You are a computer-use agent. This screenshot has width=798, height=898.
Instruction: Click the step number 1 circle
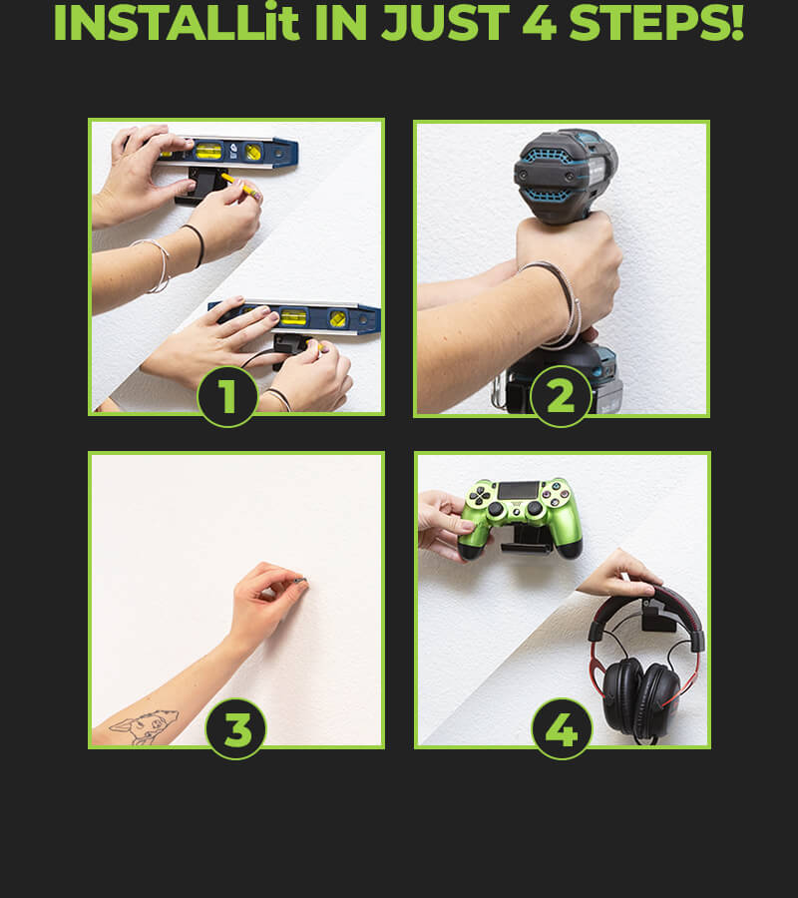[227, 396]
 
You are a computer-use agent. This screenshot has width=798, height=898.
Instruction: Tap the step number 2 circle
[561, 396]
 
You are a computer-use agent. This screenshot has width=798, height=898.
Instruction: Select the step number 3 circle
[235, 729]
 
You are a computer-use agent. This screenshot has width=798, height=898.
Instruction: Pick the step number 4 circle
[563, 729]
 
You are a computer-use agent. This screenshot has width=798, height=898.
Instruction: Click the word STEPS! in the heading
[656, 24]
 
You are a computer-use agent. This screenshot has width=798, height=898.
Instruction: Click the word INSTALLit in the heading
[177, 24]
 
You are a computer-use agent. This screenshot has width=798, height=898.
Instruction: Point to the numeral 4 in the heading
[540, 24]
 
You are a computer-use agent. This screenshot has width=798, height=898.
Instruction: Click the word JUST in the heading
[445, 24]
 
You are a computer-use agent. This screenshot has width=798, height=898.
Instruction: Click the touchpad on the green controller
[519, 490]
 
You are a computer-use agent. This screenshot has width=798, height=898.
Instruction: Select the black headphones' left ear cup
[622, 694]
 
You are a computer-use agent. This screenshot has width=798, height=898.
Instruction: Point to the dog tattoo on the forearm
[145, 726]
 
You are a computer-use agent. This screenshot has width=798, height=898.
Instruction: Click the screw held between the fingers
[300, 581]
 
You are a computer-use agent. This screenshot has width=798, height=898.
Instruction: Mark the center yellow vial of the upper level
[207, 152]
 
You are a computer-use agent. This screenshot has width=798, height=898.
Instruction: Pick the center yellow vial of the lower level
[292, 316]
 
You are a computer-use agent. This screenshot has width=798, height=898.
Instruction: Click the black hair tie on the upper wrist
[197, 243]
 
